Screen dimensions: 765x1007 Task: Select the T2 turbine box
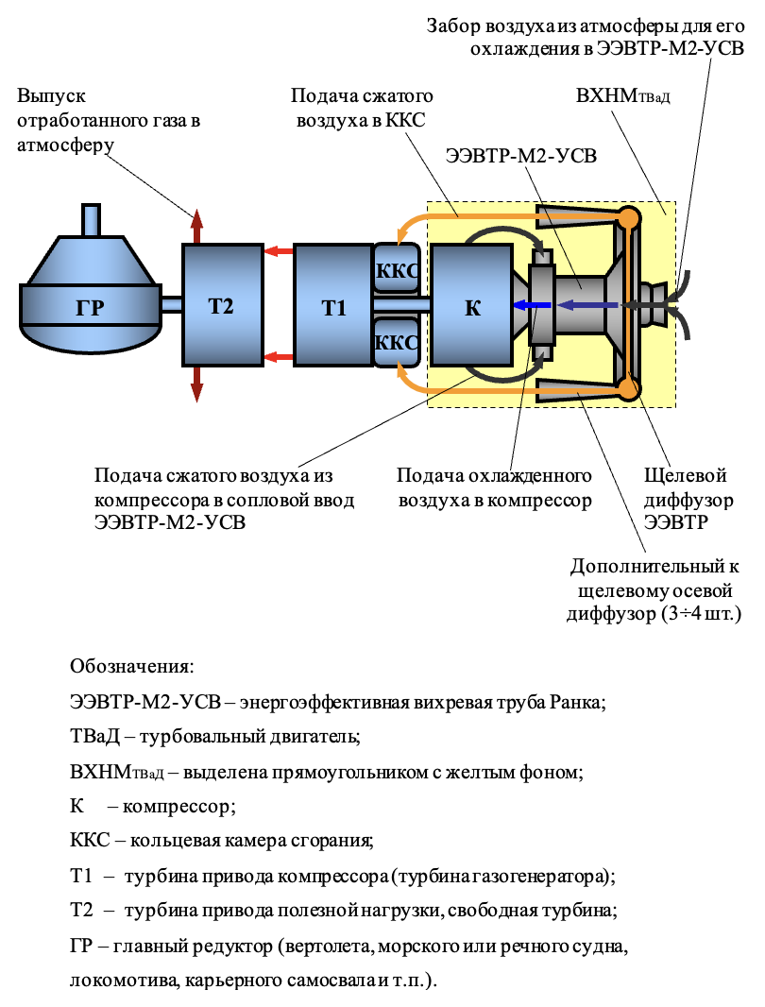[x=223, y=305]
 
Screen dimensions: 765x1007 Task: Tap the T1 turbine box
[x=333, y=305]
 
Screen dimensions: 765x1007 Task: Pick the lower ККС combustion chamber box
[x=397, y=341]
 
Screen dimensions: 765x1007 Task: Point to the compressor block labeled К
[x=472, y=305]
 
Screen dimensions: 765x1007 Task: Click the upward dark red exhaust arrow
[x=196, y=227]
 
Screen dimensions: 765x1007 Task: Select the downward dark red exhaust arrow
[x=196, y=384]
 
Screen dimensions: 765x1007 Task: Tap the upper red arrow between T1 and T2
[x=279, y=250]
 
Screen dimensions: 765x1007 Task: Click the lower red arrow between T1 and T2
[x=279, y=357]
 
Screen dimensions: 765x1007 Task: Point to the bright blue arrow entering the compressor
[x=533, y=306]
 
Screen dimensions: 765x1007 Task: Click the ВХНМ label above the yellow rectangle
[x=622, y=96]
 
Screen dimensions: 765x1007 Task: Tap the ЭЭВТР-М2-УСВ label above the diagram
[x=521, y=156]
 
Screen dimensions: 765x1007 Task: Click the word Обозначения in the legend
[x=131, y=666]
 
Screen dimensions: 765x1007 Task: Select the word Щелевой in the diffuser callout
[x=686, y=476]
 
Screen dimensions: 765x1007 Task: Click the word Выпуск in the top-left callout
[x=51, y=96]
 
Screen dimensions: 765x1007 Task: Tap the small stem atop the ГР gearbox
[x=92, y=220]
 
